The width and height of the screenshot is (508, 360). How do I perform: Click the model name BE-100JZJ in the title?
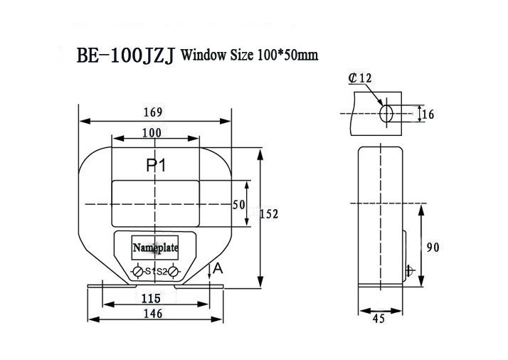(126, 55)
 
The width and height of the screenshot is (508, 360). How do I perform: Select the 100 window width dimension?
(151, 132)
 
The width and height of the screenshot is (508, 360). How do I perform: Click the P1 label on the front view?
(157, 166)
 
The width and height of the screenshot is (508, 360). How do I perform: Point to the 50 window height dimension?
(239, 204)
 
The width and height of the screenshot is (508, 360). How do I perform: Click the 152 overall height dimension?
(269, 214)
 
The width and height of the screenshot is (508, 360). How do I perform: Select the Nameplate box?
(155, 247)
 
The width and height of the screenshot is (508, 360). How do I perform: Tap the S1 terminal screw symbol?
(138, 271)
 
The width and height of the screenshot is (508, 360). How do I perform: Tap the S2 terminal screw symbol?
(171, 271)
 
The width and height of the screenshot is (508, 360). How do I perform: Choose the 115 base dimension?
(151, 298)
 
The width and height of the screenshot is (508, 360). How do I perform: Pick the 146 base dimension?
(152, 313)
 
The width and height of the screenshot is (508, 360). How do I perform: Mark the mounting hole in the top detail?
(386, 114)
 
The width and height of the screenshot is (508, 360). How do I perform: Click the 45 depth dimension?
(379, 319)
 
